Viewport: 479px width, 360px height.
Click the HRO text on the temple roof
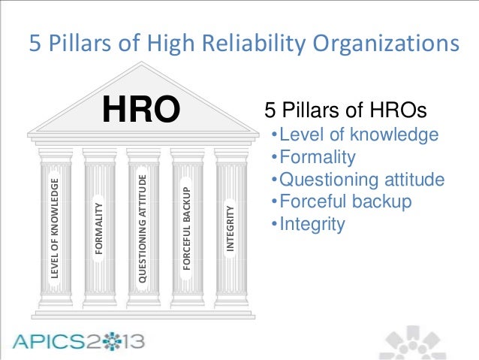pyautogui.click(x=142, y=111)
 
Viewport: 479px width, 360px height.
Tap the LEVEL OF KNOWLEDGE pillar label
pyautogui.click(x=53, y=228)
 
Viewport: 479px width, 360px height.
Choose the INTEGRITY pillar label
pyautogui.click(x=230, y=228)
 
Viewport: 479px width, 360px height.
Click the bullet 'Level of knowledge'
pyautogui.click(x=354, y=135)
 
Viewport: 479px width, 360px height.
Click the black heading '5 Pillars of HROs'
pyautogui.click(x=345, y=112)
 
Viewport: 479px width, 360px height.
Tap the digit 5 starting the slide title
pyautogui.click(x=34, y=44)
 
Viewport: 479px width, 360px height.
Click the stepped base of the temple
pyautogui.click(x=142, y=304)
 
